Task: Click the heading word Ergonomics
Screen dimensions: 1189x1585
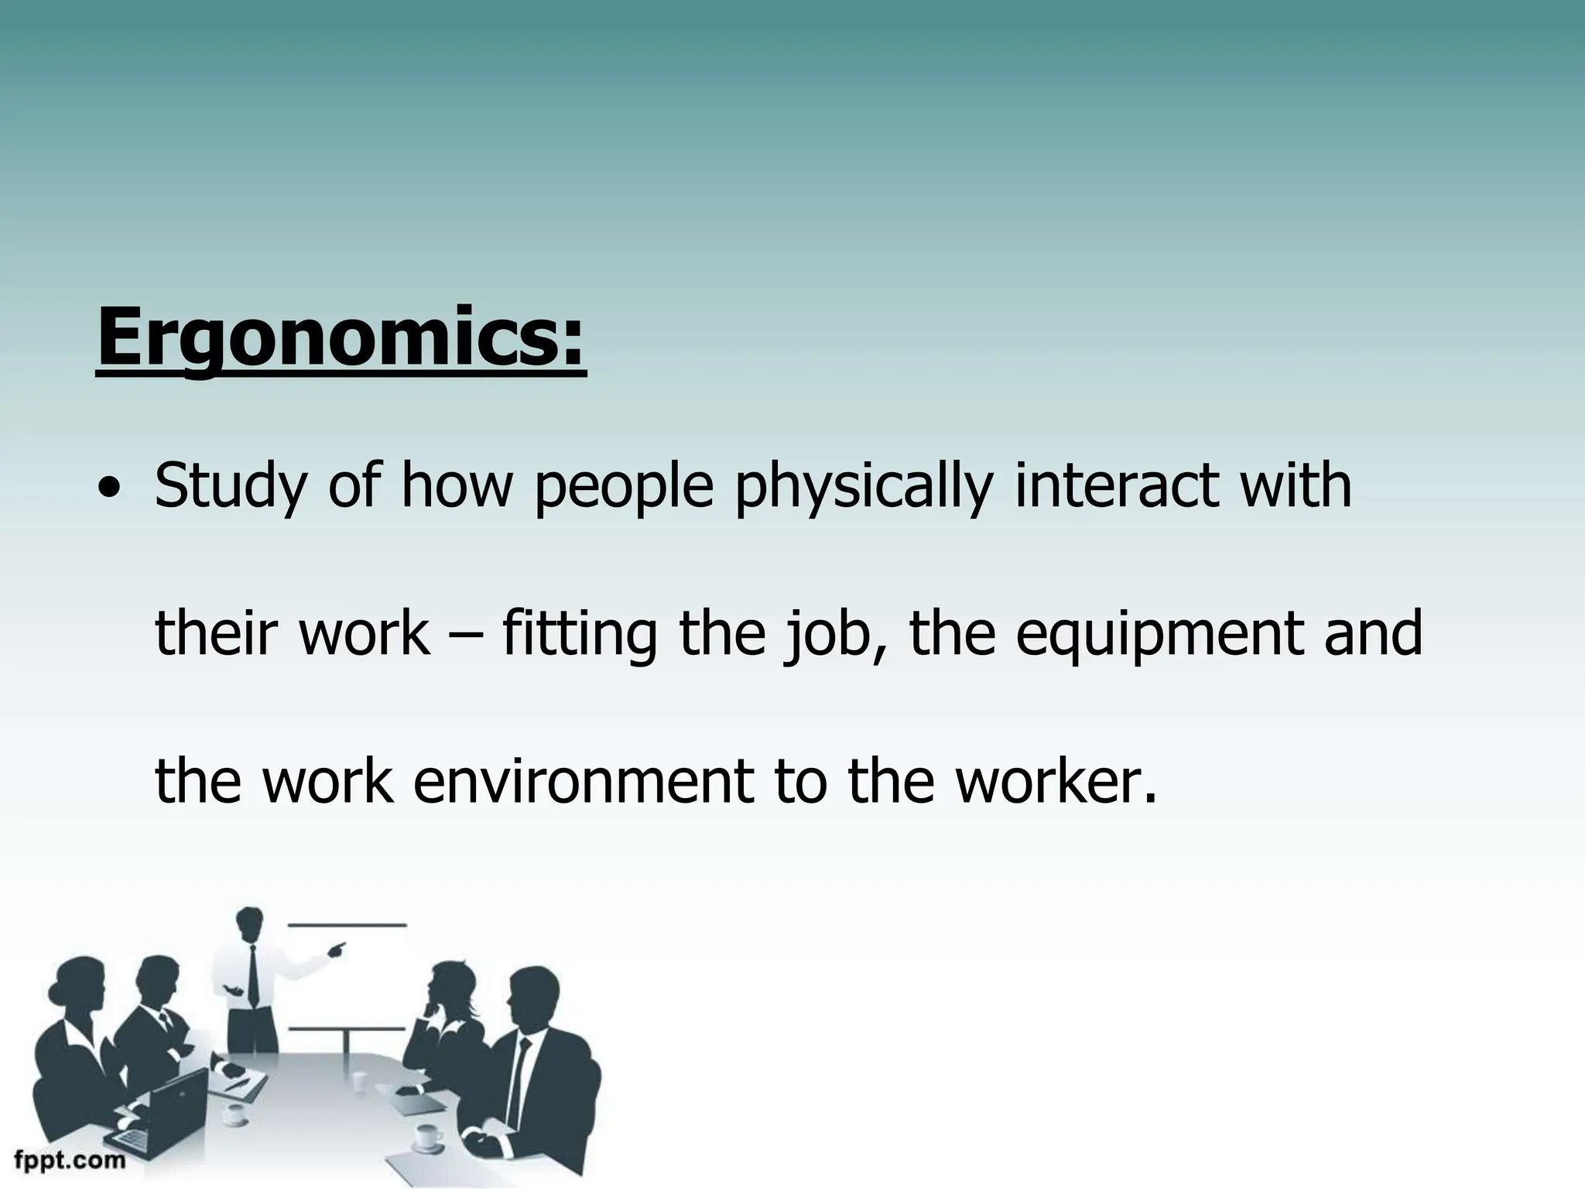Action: coord(341,338)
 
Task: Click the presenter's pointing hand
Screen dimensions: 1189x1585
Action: coord(337,948)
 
